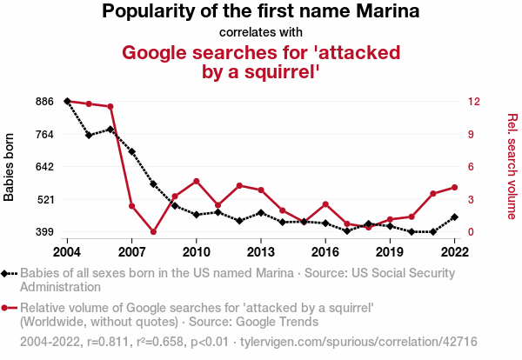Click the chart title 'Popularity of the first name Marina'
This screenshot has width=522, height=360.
pos(261,12)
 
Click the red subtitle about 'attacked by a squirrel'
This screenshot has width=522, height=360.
pos(261,62)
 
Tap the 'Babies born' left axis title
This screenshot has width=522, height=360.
pos(10,167)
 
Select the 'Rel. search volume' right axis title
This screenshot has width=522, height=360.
pos(512,166)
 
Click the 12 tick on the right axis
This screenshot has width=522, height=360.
pos(473,102)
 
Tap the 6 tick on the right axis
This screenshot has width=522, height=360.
pos(470,167)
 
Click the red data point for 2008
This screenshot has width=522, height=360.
pos(153,232)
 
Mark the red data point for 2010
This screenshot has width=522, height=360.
pos(197,181)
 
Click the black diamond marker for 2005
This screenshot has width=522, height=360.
pos(89,135)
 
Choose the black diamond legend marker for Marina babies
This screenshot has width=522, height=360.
pos(7,274)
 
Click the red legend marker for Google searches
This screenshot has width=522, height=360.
pos(7,307)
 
